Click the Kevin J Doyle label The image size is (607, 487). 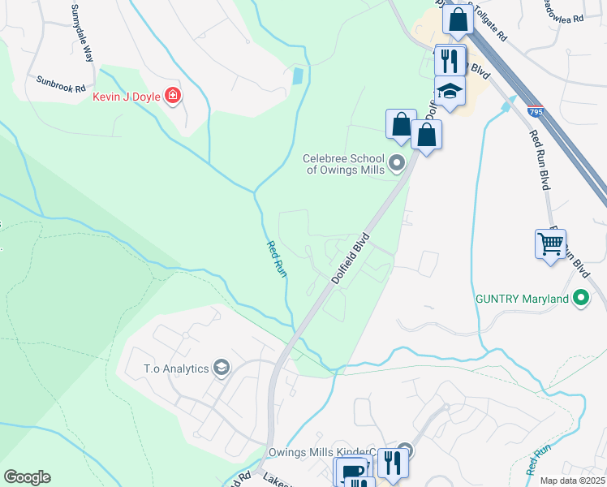coord(121,97)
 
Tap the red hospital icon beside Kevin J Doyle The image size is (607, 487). coord(172,97)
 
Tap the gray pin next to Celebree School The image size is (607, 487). coord(397,164)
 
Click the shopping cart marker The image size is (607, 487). coord(550,243)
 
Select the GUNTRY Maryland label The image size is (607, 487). coord(522,299)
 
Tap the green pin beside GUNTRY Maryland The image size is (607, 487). coord(580,299)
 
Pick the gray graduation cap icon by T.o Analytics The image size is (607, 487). coord(221,368)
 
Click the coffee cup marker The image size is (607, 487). coord(353,471)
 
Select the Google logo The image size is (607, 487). coord(27,477)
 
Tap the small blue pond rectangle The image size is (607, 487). coord(298,76)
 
